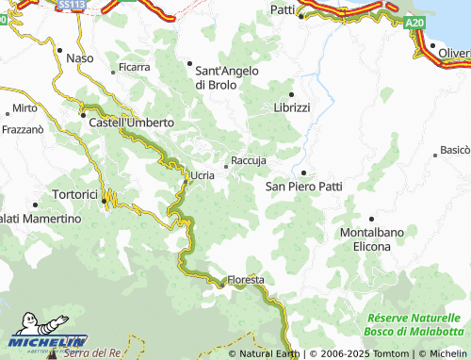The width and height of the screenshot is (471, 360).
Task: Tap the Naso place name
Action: (80, 58)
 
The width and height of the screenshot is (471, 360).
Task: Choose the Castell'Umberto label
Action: (131, 123)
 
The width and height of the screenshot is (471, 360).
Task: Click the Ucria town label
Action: (203, 176)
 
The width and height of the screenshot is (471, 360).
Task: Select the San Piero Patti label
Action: (303, 187)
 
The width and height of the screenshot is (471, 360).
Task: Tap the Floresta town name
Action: (245, 281)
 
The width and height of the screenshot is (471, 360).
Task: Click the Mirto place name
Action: (19, 108)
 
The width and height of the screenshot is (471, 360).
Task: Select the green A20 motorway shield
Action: (417, 21)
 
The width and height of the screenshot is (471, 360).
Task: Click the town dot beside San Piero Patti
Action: (303, 172)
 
